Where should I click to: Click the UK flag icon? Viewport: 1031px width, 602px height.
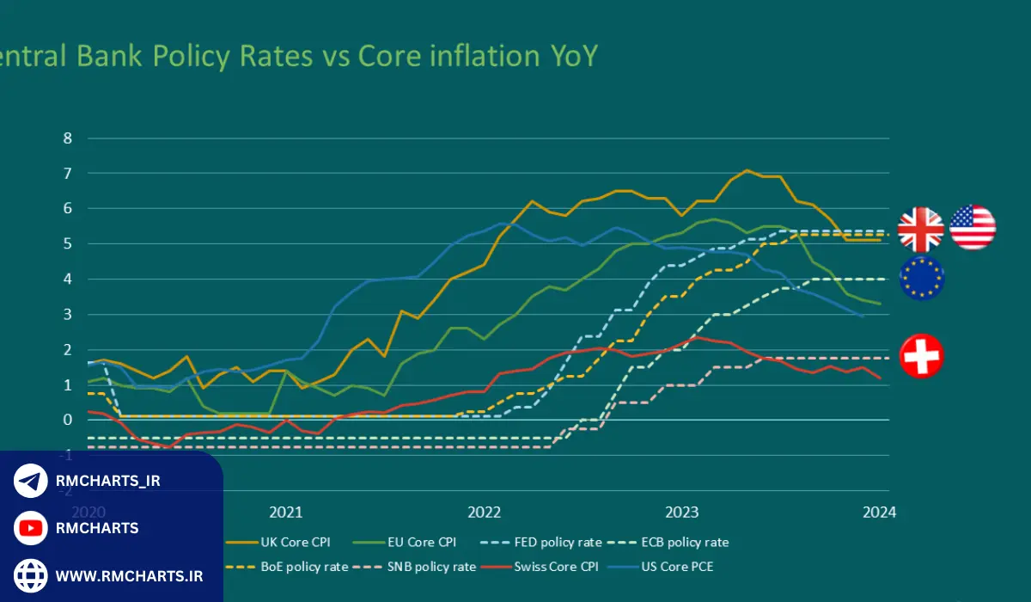920,228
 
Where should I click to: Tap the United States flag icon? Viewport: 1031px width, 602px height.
973,228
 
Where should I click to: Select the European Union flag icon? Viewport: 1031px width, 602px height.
921,278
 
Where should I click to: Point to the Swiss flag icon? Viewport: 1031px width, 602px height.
921,356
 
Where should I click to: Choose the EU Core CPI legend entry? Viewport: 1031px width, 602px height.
421,542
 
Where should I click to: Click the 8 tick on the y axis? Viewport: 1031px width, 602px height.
68,138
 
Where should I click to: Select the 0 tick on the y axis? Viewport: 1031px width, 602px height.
68,420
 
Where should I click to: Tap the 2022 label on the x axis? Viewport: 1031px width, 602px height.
484,512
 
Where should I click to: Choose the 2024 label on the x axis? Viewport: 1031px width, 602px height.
879,512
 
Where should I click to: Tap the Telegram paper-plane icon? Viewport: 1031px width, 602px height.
31,481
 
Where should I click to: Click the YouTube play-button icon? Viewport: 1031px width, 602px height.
31,527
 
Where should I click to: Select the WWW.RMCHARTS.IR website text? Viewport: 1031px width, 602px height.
129,575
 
